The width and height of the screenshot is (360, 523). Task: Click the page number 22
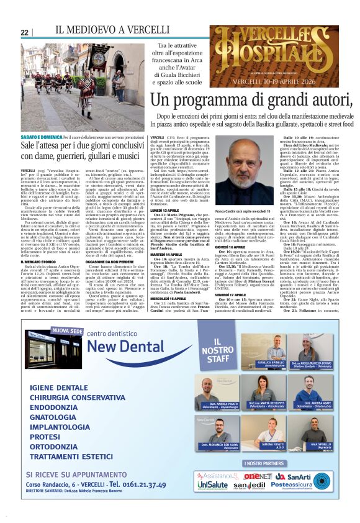25,32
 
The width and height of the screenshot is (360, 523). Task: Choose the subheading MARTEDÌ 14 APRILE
165,253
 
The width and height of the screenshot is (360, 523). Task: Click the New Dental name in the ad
130,345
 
